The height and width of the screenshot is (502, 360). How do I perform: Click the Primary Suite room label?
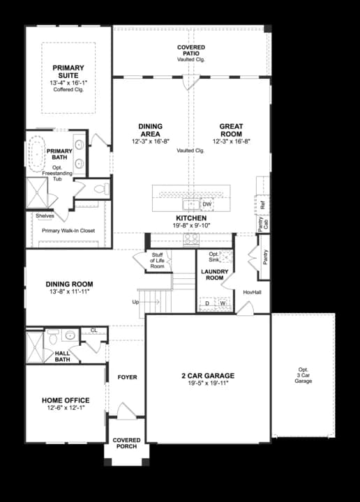click(x=68, y=72)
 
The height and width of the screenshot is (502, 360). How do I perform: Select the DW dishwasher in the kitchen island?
click(x=207, y=204)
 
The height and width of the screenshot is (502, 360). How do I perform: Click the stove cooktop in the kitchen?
click(x=191, y=239)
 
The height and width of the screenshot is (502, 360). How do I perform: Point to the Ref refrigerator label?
click(x=263, y=205)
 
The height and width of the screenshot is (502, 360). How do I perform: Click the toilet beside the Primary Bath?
click(x=101, y=189)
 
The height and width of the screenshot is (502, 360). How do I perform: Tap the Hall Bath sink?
click(x=70, y=335)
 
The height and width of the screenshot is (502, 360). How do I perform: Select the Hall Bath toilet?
click(x=53, y=336)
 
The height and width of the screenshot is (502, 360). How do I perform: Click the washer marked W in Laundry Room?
click(x=223, y=303)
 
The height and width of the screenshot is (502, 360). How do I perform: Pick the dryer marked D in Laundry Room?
click(x=207, y=303)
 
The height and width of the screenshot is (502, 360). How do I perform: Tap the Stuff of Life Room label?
click(x=157, y=260)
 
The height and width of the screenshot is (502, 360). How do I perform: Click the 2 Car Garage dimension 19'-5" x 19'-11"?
click(x=208, y=383)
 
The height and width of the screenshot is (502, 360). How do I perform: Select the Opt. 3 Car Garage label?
click(x=303, y=375)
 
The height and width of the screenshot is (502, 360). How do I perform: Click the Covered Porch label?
click(x=126, y=443)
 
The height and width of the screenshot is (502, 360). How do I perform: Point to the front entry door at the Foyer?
click(x=127, y=412)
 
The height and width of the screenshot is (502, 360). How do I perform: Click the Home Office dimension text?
click(x=66, y=408)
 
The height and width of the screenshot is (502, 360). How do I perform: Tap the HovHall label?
click(x=252, y=292)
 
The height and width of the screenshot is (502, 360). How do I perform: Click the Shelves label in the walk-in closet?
click(x=45, y=215)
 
